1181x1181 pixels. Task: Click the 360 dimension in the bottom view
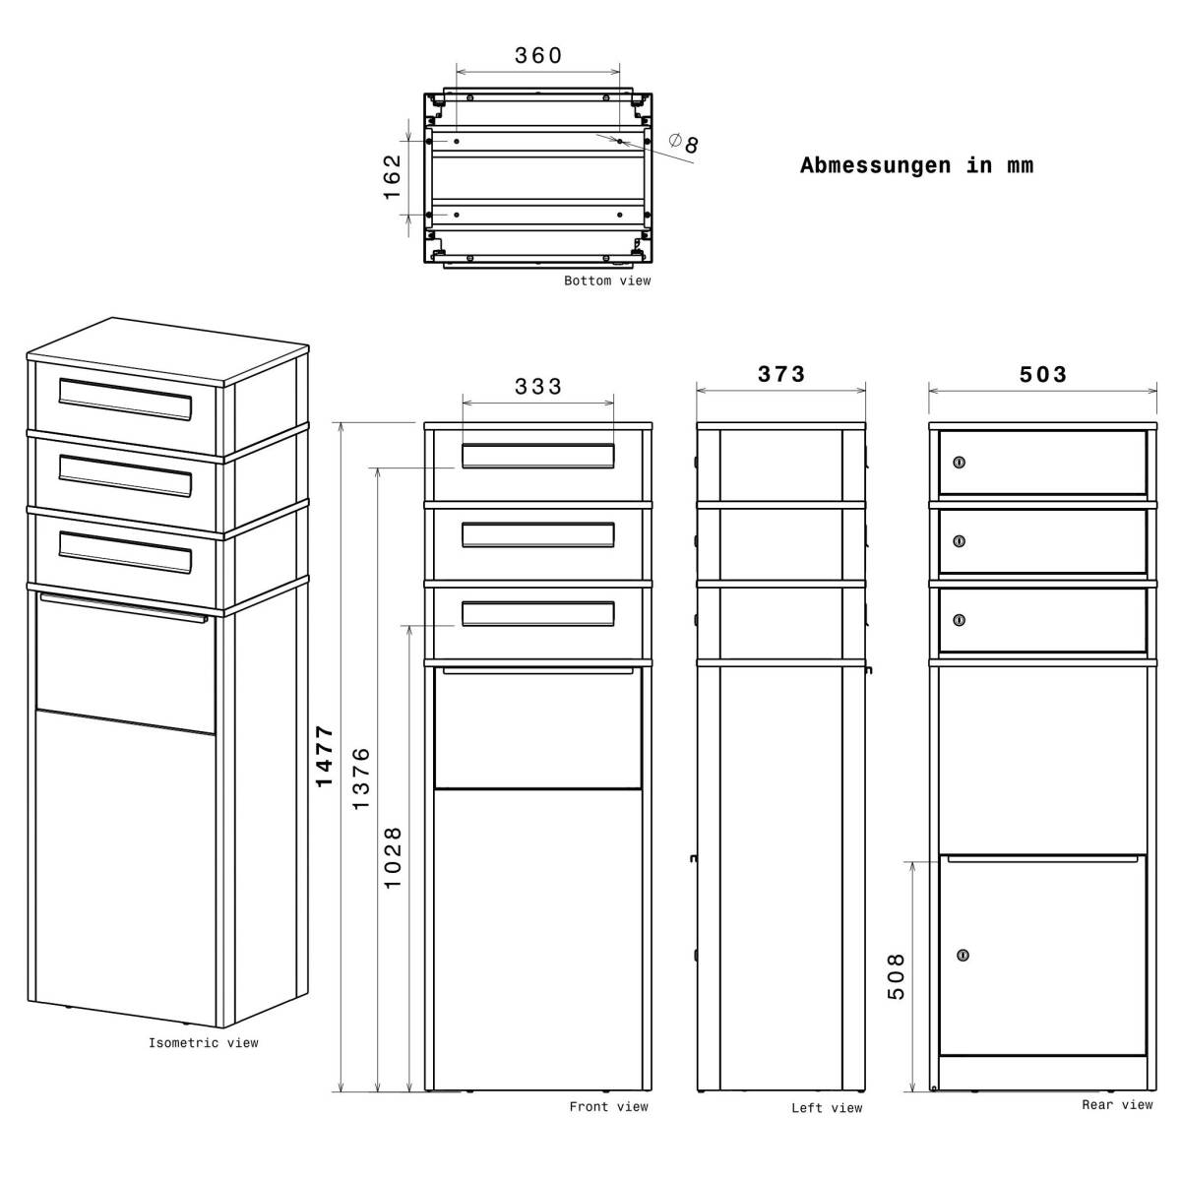tap(538, 56)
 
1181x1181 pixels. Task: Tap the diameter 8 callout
tap(685, 144)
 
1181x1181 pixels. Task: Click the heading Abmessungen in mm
tap(916, 165)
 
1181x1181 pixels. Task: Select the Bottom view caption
tap(607, 281)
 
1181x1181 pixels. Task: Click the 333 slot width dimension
tap(538, 387)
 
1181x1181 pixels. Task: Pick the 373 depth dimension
tap(781, 375)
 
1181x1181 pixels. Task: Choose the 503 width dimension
tap(1043, 375)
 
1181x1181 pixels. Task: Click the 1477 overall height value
tap(325, 756)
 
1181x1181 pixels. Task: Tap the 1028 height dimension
tap(393, 857)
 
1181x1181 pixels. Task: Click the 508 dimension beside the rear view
tap(897, 976)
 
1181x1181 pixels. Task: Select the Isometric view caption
tap(203, 1043)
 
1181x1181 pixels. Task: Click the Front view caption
tap(608, 1107)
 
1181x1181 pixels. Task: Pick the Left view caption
tap(827, 1108)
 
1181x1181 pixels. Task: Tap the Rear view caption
tap(1117, 1105)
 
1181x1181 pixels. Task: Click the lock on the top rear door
tap(960, 463)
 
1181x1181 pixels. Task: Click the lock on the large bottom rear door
tap(963, 955)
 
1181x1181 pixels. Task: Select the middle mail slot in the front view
tap(538, 534)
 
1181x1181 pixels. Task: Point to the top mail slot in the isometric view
tap(125, 399)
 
